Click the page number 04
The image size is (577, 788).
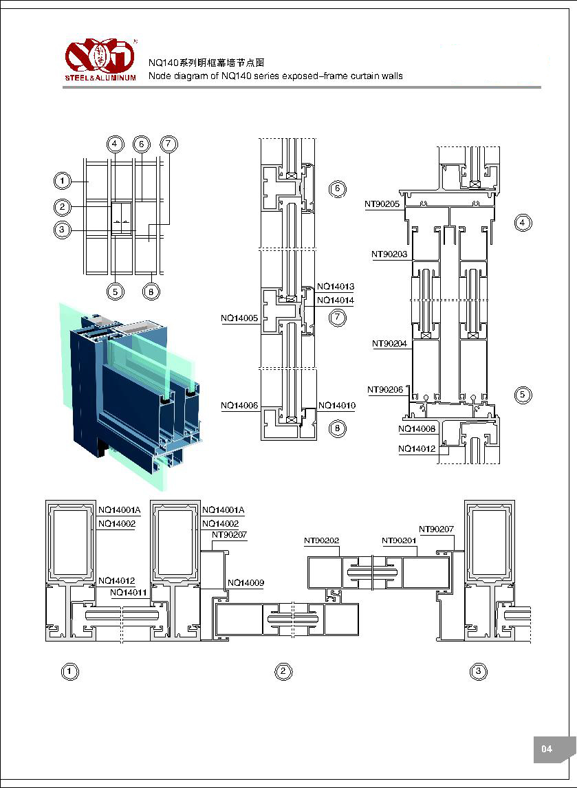[x=547, y=749]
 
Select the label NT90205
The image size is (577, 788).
[x=382, y=204]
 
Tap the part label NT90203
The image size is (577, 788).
[x=389, y=254]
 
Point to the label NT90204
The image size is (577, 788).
[x=389, y=344]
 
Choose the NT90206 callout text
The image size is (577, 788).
[x=385, y=390]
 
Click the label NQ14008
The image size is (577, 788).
[x=417, y=429]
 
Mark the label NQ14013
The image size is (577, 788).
[x=336, y=286]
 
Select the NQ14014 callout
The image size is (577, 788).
[x=336, y=300]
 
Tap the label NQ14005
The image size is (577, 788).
[x=239, y=318]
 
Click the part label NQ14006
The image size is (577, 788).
[x=239, y=406]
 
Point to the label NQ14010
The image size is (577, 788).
[x=337, y=406]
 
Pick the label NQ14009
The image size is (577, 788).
[x=246, y=583]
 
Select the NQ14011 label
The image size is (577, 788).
[x=128, y=592]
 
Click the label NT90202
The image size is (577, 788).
[x=322, y=541]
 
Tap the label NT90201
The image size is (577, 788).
[x=400, y=541]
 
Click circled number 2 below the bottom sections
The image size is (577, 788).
[x=283, y=672]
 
